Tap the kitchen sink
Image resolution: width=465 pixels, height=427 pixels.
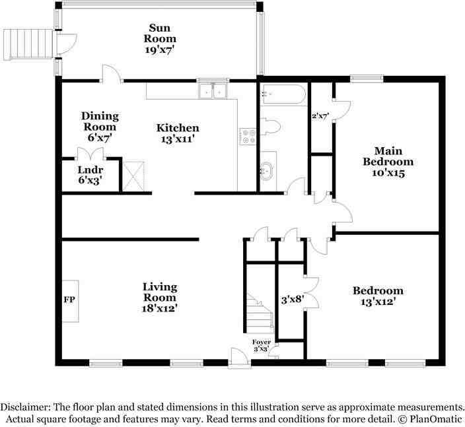pyautogui.click(x=213, y=90)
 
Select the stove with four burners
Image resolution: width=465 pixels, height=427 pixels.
pyautogui.click(x=248, y=137)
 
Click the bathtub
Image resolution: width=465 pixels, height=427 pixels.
pyautogui.click(x=283, y=94)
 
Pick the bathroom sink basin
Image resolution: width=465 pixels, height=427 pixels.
pyautogui.click(x=268, y=171)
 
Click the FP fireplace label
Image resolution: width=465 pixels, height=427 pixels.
pyautogui.click(x=69, y=300)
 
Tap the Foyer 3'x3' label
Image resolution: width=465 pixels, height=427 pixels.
pyautogui.click(x=262, y=346)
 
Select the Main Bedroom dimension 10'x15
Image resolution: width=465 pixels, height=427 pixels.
pyautogui.click(x=388, y=173)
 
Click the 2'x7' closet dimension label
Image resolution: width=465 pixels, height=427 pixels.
pyautogui.click(x=320, y=116)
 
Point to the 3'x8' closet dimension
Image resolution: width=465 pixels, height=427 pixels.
pyautogui.click(x=293, y=300)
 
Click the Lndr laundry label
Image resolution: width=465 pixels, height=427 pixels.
pyautogui.click(x=90, y=170)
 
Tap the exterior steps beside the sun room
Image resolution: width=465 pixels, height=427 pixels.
pyautogui.click(x=28, y=44)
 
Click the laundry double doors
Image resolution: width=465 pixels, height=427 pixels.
pyautogui.click(x=90, y=154)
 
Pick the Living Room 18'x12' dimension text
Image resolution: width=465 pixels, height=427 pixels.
pyautogui.click(x=160, y=308)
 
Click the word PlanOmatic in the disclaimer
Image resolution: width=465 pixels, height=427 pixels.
pyautogui.click(x=436, y=419)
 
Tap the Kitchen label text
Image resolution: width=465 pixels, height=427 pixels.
pyautogui.click(x=178, y=128)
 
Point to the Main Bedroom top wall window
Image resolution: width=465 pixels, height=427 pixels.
pyautogui.click(x=367, y=79)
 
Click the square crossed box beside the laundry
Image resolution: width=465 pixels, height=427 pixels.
pyautogui.click(x=133, y=176)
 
